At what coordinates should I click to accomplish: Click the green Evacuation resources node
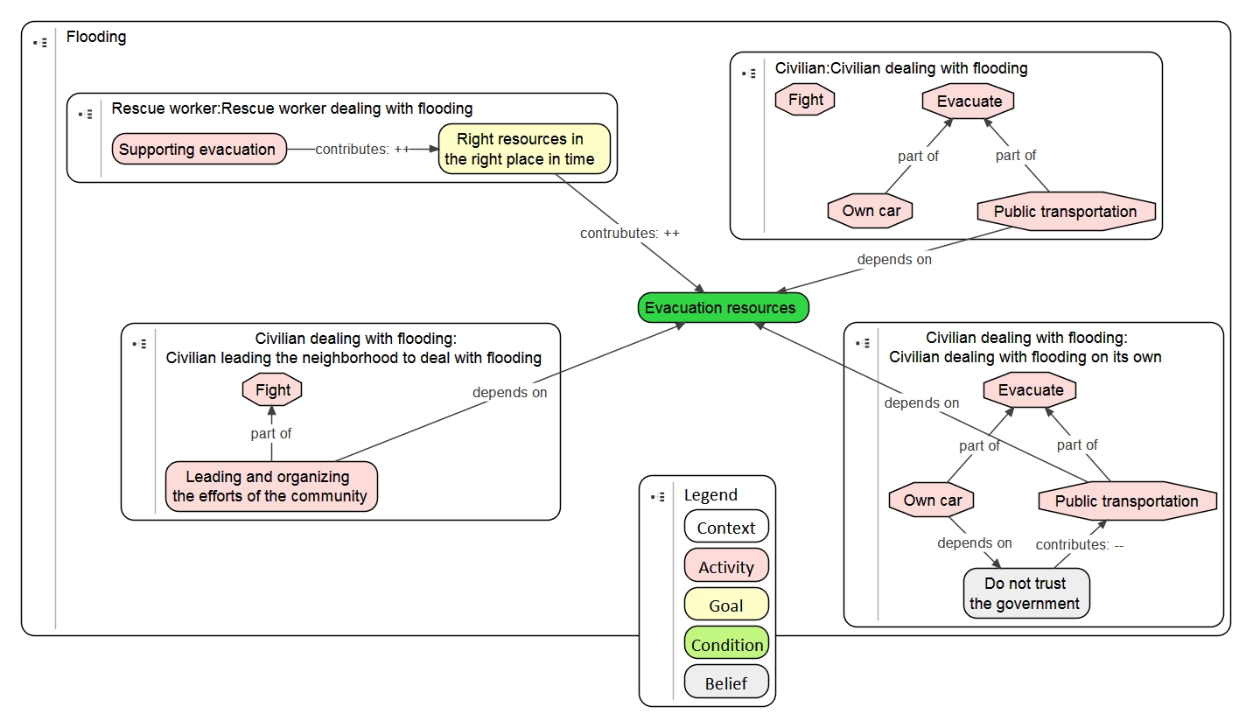tap(723, 308)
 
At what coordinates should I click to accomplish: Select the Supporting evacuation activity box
tap(199, 150)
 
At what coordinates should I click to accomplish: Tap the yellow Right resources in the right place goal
tap(523, 149)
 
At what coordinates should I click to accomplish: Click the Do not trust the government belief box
tap(1025, 593)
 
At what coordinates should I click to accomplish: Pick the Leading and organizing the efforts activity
tap(270, 486)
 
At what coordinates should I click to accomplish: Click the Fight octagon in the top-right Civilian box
tap(805, 100)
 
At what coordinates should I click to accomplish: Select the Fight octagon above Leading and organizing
tap(272, 390)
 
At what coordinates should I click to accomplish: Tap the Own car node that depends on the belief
tap(932, 500)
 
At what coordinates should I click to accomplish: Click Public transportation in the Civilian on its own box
tap(1126, 501)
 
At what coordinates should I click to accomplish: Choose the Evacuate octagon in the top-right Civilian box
tap(968, 101)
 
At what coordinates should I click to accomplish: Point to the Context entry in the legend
tap(725, 528)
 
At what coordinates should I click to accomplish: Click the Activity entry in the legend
tap(725, 567)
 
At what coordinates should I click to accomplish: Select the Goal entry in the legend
tap(725, 605)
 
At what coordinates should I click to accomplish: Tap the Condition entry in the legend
tap(726, 645)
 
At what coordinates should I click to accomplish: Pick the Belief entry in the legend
tap(725, 683)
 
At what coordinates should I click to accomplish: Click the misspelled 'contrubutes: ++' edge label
tap(629, 234)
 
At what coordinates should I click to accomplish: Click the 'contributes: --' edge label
tap(1079, 544)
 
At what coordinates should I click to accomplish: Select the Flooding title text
tap(96, 37)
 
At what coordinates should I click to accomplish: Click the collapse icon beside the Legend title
tap(657, 496)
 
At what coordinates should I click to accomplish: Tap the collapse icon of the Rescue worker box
tap(85, 114)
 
